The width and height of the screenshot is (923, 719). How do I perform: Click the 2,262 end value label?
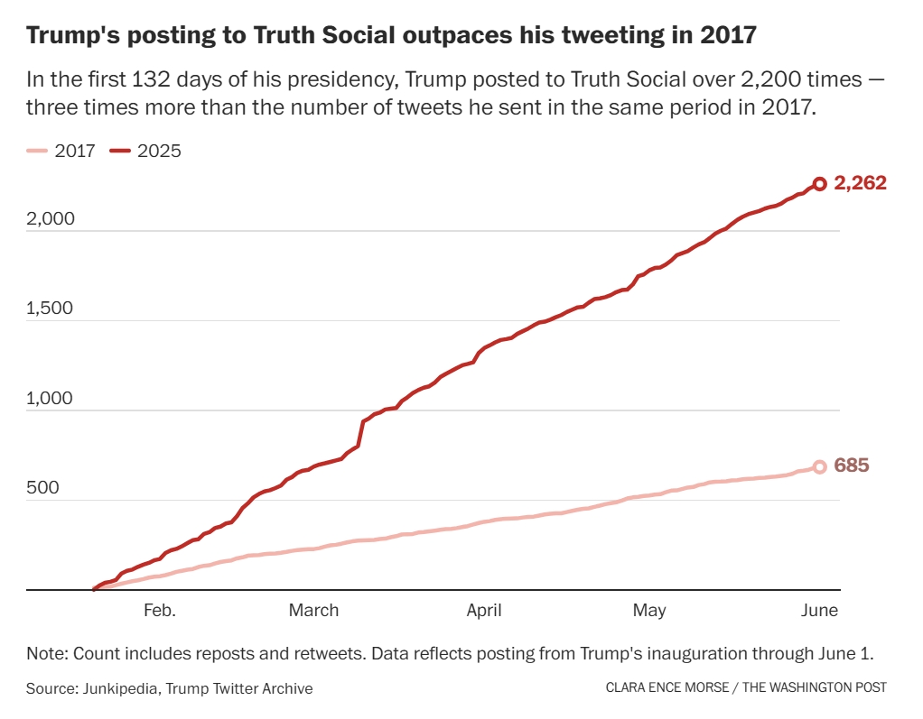pos(860,183)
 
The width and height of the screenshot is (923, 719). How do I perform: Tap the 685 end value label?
pos(852,466)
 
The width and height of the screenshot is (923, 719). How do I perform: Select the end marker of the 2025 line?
pos(819,184)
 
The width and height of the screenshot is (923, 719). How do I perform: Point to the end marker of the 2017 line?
pos(819,466)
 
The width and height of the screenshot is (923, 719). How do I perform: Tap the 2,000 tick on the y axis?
pos(51,219)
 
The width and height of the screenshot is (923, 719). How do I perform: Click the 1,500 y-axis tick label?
pos(51,309)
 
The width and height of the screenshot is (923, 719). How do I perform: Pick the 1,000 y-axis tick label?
pos(51,399)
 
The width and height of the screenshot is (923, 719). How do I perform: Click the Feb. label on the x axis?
pos(160,611)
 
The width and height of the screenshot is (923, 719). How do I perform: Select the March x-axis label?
pos(313,611)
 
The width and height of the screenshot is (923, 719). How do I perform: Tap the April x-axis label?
pos(484,611)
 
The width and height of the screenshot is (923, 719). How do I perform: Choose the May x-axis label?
pos(649,611)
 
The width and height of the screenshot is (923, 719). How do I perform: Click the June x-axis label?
pos(820,611)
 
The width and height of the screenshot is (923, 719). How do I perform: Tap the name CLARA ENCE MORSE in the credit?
pos(667,688)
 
